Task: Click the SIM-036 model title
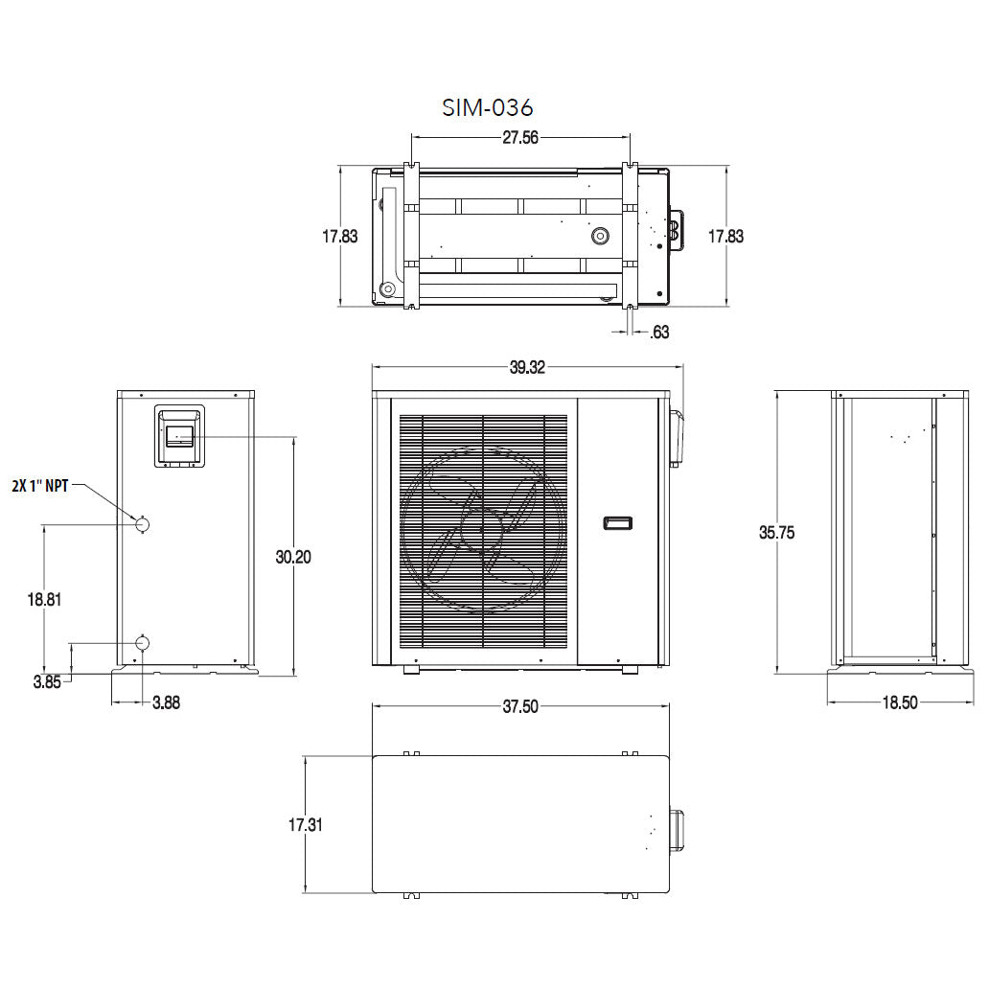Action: coord(487,106)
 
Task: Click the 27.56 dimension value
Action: coord(520,138)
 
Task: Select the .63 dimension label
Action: coord(659,333)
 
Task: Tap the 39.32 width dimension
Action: coord(526,368)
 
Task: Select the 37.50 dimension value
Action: coord(519,707)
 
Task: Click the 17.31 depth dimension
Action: coord(303,824)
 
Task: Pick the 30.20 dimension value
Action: coord(293,557)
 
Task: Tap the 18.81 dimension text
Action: coord(45,600)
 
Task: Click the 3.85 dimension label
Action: coord(48,682)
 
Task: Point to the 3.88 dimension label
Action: coord(166,702)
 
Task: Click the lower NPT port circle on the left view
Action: coord(142,641)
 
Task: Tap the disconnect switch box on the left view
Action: coord(179,435)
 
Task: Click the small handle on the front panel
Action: coord(618,523)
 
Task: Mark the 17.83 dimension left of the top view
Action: coord(339,236)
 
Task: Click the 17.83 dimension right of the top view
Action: coord(725,236)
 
